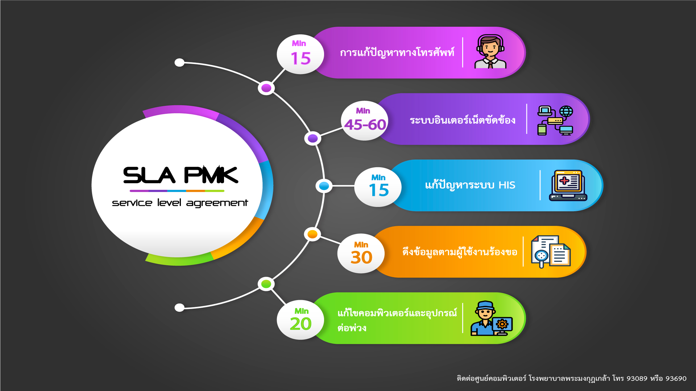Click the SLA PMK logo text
tap(181, 175)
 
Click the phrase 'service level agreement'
tap(180, 203)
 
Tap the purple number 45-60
tap(365, 125)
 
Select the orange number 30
tap(361, 257)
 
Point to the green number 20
tap(301, 324)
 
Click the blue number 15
tap(378, 190)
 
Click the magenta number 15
tap(301, 58)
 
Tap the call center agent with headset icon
tap(490, 52)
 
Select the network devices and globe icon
tap(555, 120)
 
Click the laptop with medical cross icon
tap(568, 185)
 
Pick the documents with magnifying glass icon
tap(550, 252)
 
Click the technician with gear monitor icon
tap(491, 319)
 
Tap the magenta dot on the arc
tap(266, 88)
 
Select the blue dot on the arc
tap(324, 186)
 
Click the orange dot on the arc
tap(312, 234)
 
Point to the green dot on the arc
tap(266, 284)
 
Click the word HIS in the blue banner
tap(507, 185)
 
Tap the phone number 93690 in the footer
tap(676, 379)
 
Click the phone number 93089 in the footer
tap(637, 379)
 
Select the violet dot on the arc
tap(312, 138)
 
